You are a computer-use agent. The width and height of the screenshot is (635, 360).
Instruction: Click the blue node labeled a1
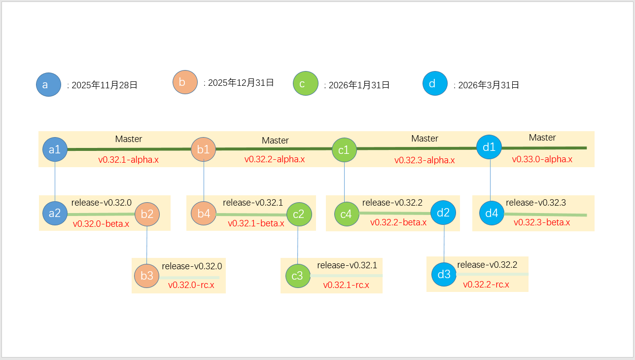pyautogui.click(x=55, y=149)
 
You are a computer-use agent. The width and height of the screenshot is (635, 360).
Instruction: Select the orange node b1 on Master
pyautogui.click(x=204, y=149)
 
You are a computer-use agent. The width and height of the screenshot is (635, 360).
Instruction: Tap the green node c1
pyautogui.click(x=344, y=150)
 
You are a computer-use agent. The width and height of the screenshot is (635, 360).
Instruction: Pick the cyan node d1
pyautogui.click(x=490, y=147)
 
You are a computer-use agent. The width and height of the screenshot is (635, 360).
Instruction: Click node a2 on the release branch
pyautogui.click(x=55, y=213)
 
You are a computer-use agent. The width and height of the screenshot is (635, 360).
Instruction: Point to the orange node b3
pyautogui.click(x=147, y=276)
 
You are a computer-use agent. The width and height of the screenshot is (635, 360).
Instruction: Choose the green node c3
pyautogui.click(x=297, y=276)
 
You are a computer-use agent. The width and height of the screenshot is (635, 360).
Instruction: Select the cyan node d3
pyautogui.click(x=444, y=274)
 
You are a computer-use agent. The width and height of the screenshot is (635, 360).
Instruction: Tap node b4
pyautogui.click(x=204, y=214)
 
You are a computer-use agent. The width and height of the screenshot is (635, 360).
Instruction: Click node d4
pyautogui.click(x=492, y=214)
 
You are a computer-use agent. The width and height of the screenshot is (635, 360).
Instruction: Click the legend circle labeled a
pyautogui.click(x=48, y=85)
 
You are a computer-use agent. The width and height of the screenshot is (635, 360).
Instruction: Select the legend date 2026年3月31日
pyautogui.click(x=489, y=85)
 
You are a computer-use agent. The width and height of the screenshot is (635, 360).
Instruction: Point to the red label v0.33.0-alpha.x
pyautogui.click(x=542, y=159)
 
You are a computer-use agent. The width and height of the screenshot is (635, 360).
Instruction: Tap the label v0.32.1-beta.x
pyautogui.click(x=256, y=223)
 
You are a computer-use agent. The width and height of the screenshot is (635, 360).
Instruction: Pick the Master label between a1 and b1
pyautogui.click(x=129, y=139)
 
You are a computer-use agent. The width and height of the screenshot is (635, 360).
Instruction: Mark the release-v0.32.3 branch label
pyautogui.click(x=536, y=203)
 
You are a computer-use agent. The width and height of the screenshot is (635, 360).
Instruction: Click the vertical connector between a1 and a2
pyautogui.click(x=55, y=181)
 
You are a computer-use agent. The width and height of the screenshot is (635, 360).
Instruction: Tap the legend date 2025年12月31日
pyautogui.click(x=241, y=82)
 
